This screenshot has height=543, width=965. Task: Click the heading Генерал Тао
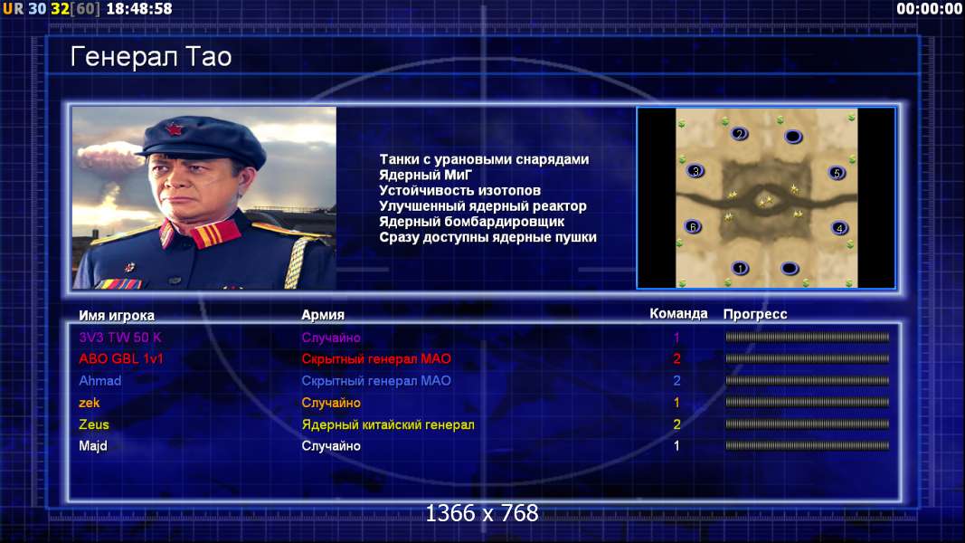151,57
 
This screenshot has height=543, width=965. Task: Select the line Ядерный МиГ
425,175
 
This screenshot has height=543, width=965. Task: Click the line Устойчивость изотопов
459,190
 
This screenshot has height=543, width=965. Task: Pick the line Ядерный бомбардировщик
471,222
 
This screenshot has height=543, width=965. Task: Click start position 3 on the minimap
695,171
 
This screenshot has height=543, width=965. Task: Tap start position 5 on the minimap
837,173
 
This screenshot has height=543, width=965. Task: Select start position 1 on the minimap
740,268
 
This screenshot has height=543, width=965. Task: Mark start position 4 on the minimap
839,228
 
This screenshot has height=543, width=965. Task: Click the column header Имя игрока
117,315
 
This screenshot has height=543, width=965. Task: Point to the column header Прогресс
755,314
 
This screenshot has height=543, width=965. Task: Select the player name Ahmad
99,380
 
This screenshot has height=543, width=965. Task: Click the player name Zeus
93,424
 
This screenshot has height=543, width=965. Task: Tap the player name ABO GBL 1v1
120,358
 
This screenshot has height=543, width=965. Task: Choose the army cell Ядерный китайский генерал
388,424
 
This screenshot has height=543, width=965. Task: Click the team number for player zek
676,403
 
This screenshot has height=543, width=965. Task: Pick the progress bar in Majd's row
807,445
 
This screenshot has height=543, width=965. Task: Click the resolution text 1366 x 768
482,513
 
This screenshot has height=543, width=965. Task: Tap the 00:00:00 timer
930,9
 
